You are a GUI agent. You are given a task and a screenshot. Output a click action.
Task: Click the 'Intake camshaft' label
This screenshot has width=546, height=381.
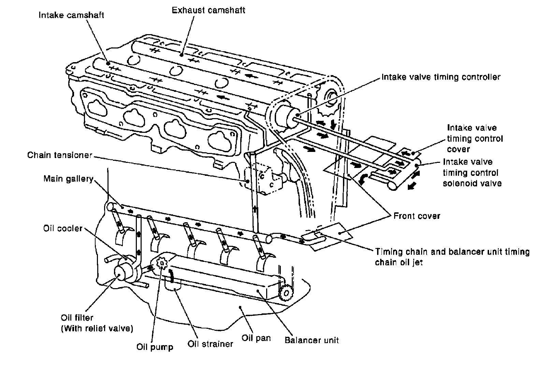tap(71, 15)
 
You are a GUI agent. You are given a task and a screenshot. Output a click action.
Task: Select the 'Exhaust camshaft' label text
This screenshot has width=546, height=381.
tap(208, 10)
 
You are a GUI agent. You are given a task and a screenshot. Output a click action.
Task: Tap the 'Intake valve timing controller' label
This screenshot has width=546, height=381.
tap(441, 77)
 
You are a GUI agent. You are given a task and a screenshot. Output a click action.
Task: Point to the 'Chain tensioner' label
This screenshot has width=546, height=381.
tap(60, 155)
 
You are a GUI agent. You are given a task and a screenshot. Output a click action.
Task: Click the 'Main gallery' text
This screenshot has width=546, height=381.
tap(68, 179)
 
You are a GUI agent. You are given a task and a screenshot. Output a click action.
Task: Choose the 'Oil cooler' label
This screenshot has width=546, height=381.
tap(63, 228)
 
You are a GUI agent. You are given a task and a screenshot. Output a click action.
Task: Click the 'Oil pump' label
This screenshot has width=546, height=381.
tap(155, 347)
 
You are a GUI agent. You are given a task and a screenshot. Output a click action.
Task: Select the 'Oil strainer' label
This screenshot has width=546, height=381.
tap(210, 344)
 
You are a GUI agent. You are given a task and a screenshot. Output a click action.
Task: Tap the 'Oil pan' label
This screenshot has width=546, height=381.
tap(256, 338)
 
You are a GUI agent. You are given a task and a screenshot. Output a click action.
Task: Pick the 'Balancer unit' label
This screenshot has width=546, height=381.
tap(312, 340)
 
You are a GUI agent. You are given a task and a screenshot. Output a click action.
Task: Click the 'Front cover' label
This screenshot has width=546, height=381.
tap(417, 216)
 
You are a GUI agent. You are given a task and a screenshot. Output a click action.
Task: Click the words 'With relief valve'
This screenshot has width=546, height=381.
tap(97, 328)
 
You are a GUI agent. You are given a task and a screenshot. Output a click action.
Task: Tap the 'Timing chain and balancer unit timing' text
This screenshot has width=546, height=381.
tap(452, 252)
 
